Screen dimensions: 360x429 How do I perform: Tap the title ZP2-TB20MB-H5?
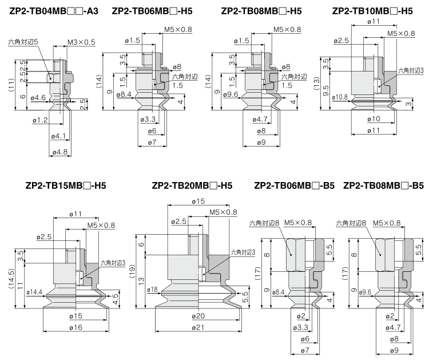(192, 185)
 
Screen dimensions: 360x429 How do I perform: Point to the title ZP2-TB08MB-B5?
(383, 185)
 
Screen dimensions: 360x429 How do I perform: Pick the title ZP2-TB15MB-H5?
(66, 185)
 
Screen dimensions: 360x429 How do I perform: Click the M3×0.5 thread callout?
(82, 43)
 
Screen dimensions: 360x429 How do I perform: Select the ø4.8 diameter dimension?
(60, 152)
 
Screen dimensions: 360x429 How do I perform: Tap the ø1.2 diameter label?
(40, 120)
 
